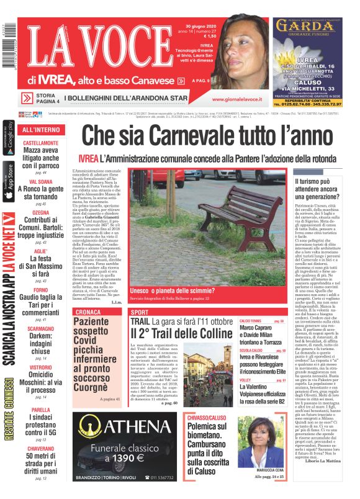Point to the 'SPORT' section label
click(140, 312)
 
